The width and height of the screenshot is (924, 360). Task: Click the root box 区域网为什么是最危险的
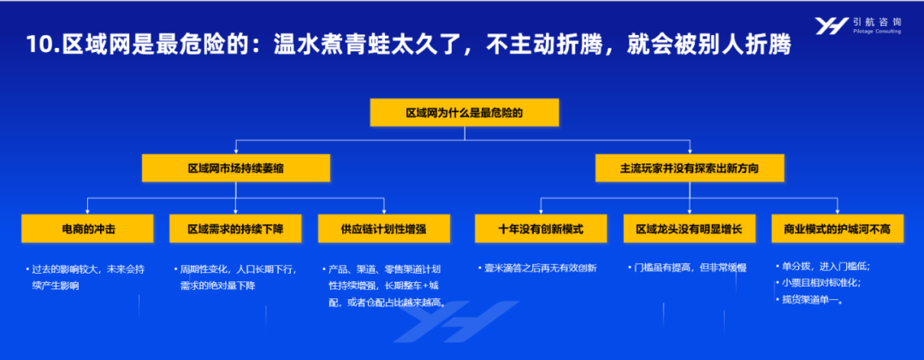(465, 113)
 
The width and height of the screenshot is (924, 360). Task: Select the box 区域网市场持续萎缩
(236, 168)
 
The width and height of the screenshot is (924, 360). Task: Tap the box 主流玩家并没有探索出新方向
(690, 168)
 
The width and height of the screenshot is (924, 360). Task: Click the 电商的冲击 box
(88, 228)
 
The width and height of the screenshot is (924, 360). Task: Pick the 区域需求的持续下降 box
(236, 228)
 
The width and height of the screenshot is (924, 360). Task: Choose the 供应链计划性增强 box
(384, 228)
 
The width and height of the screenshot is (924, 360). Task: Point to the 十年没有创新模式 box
(541, 228)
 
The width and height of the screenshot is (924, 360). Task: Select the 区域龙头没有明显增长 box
(690, 228)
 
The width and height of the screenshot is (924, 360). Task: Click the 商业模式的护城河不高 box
(838, 228)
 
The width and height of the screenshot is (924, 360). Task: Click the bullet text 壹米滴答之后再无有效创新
(541, 269)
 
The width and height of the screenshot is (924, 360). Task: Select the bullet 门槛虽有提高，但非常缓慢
(690, 269)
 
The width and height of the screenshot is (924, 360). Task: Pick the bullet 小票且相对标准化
(821, 283)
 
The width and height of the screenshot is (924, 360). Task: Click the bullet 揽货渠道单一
(812, 300)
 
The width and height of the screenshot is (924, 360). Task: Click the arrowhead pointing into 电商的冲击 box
(88, 211)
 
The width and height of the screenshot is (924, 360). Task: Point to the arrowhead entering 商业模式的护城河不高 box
(838, 211)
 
